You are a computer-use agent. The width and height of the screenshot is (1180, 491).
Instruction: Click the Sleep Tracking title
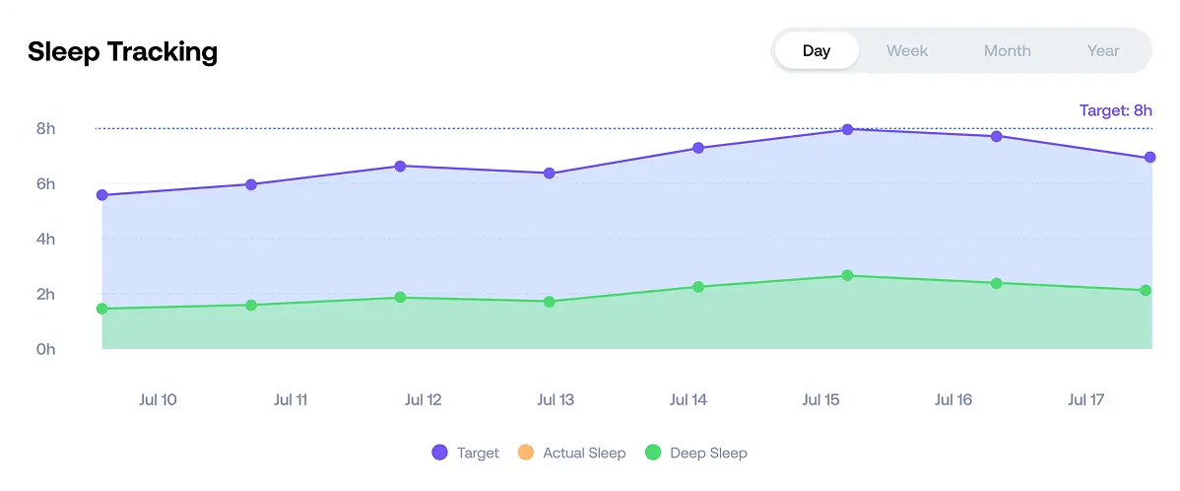[122, 51]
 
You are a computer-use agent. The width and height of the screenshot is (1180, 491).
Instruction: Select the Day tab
[817, 50]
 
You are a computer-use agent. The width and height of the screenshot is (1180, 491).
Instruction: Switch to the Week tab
[906, 50]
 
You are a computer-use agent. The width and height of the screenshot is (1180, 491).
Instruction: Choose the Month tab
[1007, 50]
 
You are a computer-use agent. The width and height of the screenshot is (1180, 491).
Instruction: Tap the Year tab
[1102, 50]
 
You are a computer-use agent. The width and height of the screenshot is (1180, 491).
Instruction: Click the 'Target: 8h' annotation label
[1115, 110]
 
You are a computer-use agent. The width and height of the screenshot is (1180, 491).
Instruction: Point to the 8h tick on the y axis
[46, 128]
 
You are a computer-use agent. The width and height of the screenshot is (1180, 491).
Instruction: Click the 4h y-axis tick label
[46, 239]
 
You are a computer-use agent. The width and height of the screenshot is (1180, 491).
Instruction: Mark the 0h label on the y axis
[46, 349]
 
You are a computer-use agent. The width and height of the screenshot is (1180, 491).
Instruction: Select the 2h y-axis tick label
[46, 294]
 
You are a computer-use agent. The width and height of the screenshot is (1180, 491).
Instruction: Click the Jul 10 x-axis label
[158, 399]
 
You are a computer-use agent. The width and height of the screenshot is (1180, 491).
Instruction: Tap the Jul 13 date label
[556, 399]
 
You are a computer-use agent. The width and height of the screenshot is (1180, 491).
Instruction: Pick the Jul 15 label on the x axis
[820, 399]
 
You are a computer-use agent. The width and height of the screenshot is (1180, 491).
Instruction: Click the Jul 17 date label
[1085, 399]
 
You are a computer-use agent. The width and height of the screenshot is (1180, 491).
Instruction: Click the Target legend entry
[466, 453]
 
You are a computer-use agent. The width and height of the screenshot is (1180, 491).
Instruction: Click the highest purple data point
[847, 129]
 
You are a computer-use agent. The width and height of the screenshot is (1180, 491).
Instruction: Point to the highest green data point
[847, 276]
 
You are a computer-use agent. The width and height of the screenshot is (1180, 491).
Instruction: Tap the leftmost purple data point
[102, 195]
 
